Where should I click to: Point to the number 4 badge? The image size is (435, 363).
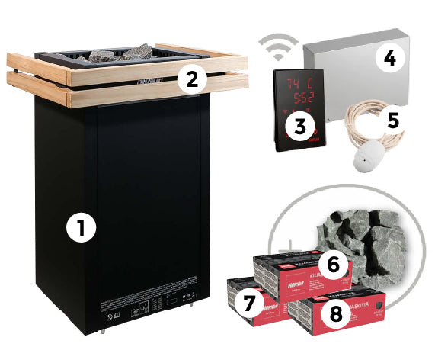pyautogui.click(x=389, y=59)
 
